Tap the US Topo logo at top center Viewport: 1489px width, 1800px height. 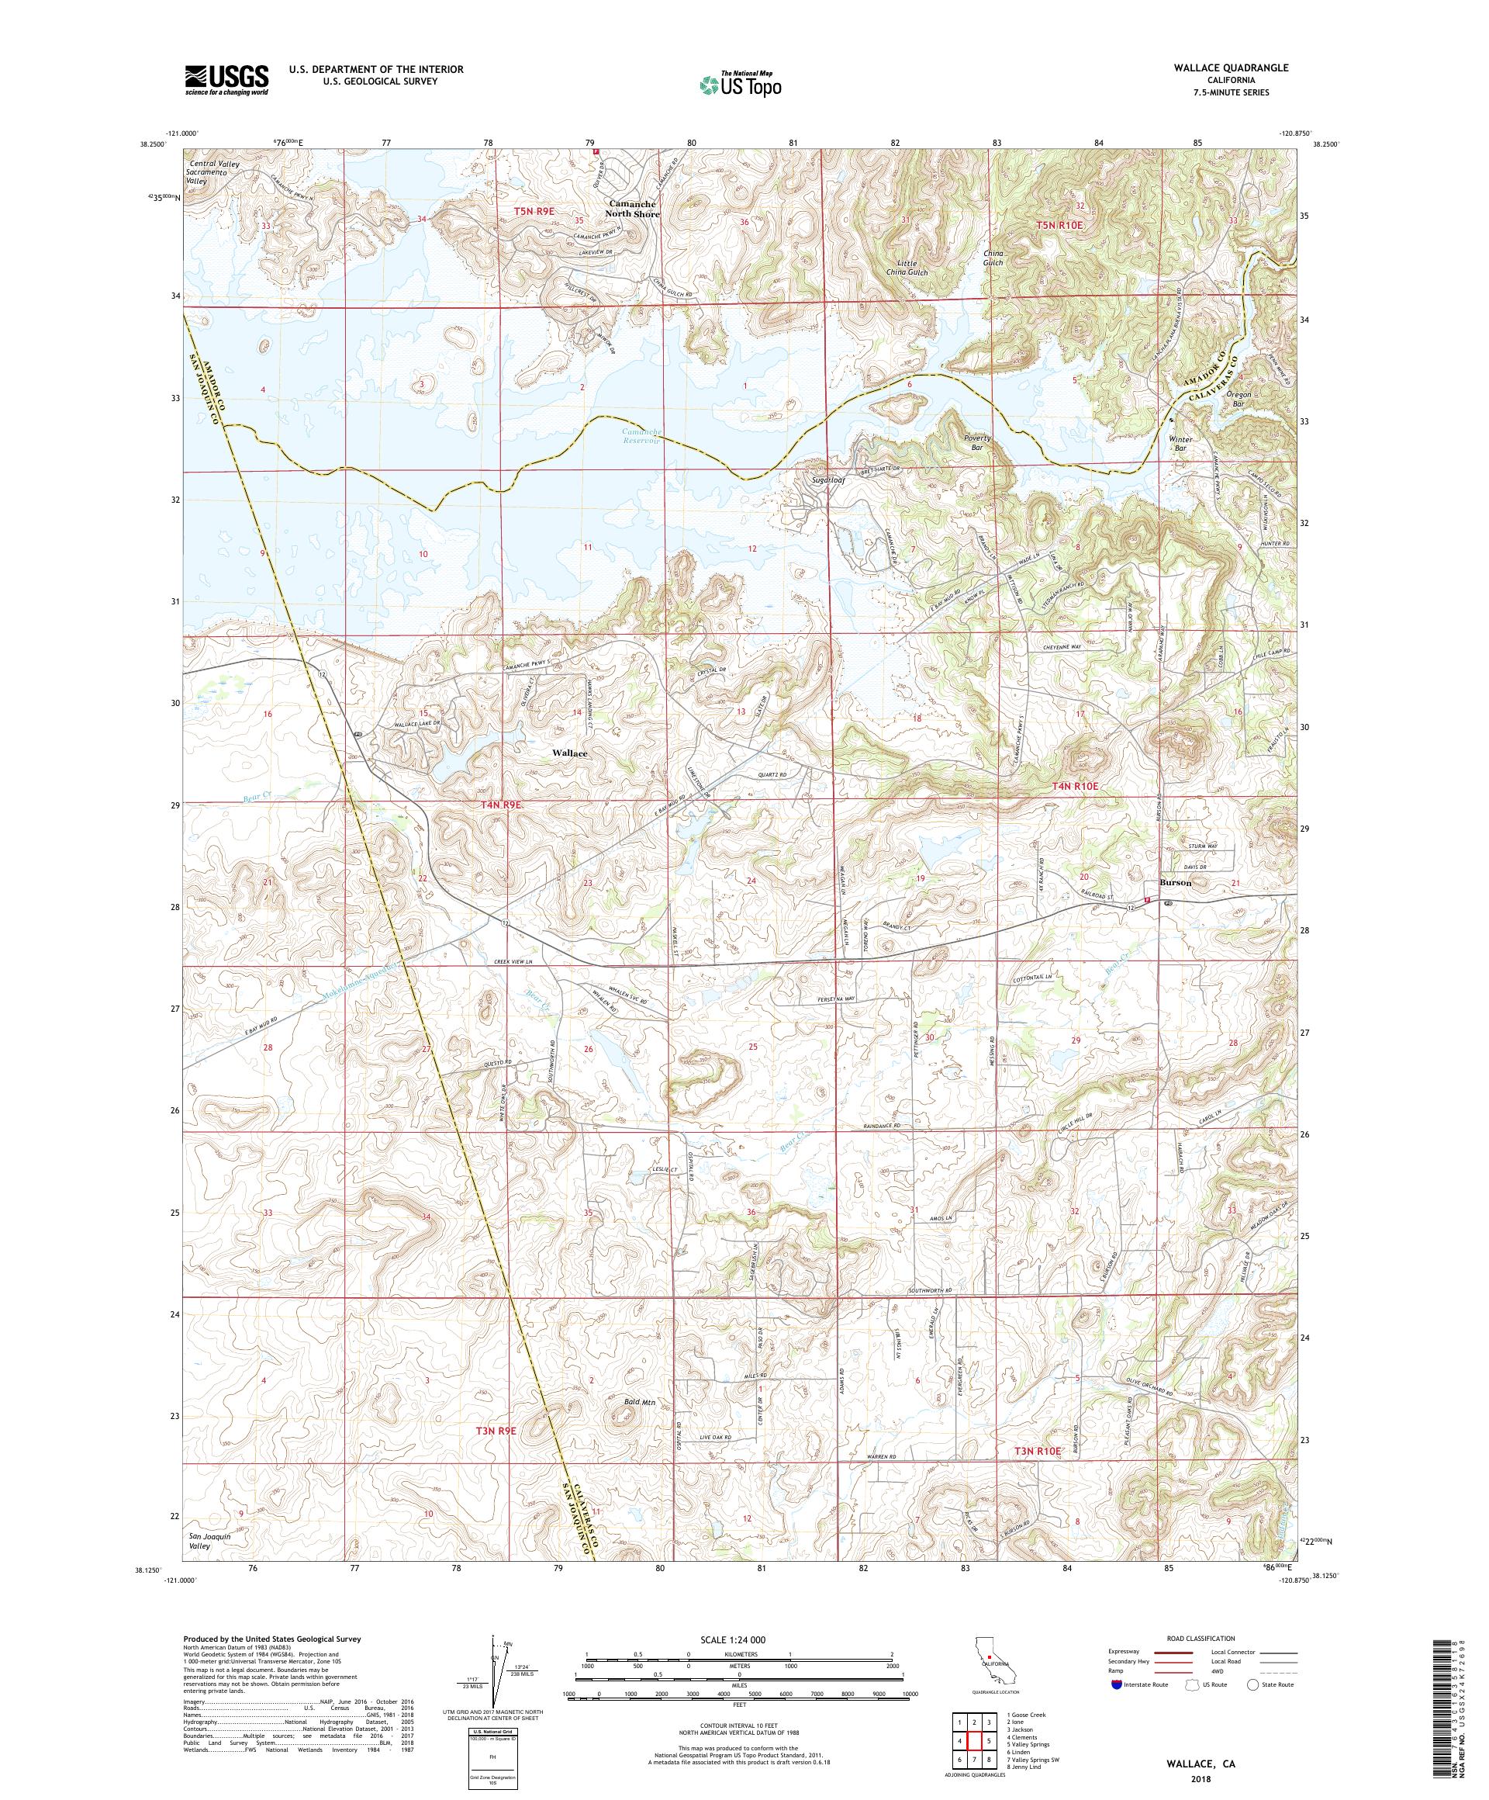click(x=742, y=83)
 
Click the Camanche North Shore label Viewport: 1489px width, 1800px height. click(x=633, y=208)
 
